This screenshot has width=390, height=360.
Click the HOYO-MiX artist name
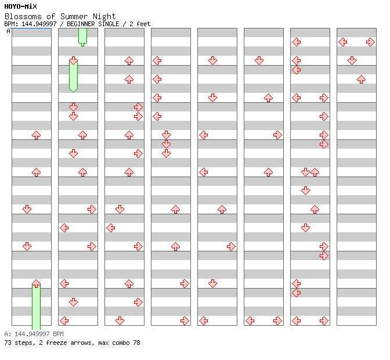(x=20, y=6)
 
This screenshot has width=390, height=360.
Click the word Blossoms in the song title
(x=21, y=16)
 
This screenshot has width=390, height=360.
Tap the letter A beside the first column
(x=8, y=31)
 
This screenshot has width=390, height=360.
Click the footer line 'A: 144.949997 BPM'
(x=34, y=334)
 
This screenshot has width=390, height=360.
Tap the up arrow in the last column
(x=361, y=79)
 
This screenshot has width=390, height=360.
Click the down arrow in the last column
(x=352, y=60)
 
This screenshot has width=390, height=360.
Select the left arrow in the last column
(x=342, y=42)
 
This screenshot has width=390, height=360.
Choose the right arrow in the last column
(x=370, y=42)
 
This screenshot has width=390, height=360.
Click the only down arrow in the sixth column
(x=259, y=60)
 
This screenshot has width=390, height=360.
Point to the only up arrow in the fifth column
(x=222, y=209)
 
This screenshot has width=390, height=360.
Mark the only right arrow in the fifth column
(x=231, y=246)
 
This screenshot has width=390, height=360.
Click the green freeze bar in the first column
(x=36, y=306)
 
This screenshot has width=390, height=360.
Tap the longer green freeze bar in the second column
(x=73, y=75)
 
